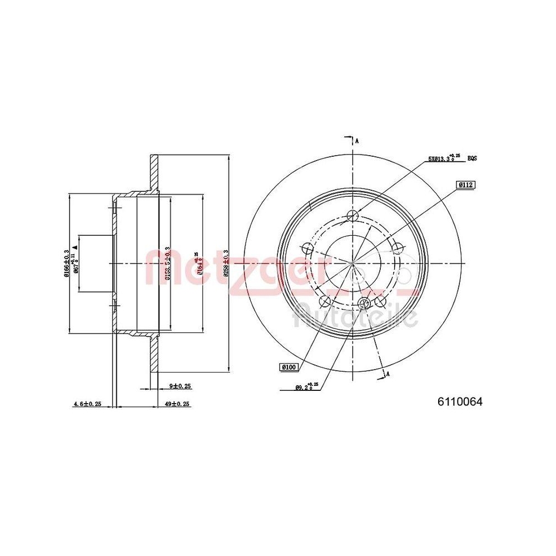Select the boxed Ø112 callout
click(466, 184)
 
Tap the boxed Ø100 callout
click(290, 366)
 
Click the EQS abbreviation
click(472, 158)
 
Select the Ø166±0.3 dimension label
click(67, 262)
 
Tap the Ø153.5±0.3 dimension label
click(167, 262)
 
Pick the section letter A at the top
click(357, 141)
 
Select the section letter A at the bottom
click(388, 374)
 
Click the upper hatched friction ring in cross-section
click(153, 173)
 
